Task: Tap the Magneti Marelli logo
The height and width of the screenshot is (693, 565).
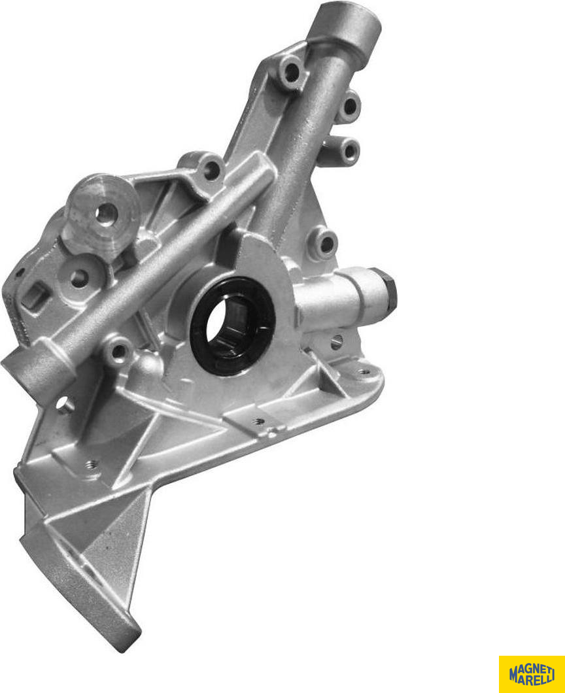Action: point(532,674)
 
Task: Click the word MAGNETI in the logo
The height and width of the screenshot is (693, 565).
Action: point(532,668)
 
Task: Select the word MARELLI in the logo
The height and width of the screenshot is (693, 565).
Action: point(532,679)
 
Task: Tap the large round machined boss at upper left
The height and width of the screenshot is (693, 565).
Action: point(101,215)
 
